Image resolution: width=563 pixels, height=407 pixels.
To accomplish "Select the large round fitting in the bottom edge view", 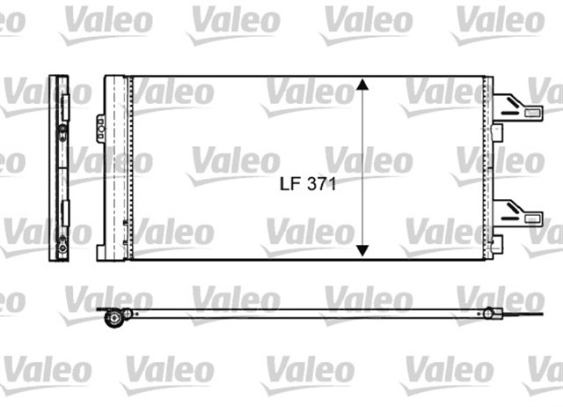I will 112,319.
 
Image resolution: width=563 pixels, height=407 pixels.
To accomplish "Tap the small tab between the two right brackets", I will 497,132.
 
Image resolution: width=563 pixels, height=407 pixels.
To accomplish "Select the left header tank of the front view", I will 116,167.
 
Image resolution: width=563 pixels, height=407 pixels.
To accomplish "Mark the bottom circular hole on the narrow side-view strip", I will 62,249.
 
